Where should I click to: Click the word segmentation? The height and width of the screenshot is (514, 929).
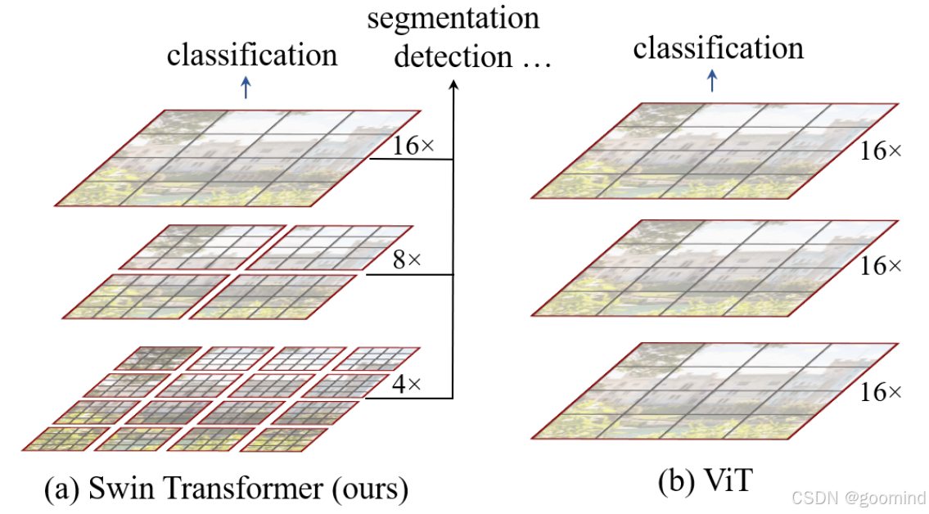click(453, 18)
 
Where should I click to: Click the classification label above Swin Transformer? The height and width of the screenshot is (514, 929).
click(252, 55)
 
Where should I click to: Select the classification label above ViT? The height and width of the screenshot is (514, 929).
click(718, 48)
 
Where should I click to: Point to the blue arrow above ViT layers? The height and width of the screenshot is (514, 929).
click(712, 80)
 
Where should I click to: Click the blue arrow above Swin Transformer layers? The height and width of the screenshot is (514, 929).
click(245, 88)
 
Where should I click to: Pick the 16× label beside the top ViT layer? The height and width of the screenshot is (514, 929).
click(880, 151)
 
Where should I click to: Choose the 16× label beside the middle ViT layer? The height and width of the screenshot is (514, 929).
click(880, 266)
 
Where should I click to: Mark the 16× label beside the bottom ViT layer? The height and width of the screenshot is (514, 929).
click(880, 393)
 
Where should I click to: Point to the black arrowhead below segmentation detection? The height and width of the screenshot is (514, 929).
click(453, 85)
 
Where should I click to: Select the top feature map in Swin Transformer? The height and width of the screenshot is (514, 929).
click(237, 157)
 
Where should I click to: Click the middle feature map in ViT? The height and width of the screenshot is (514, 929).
click(716, 267)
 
